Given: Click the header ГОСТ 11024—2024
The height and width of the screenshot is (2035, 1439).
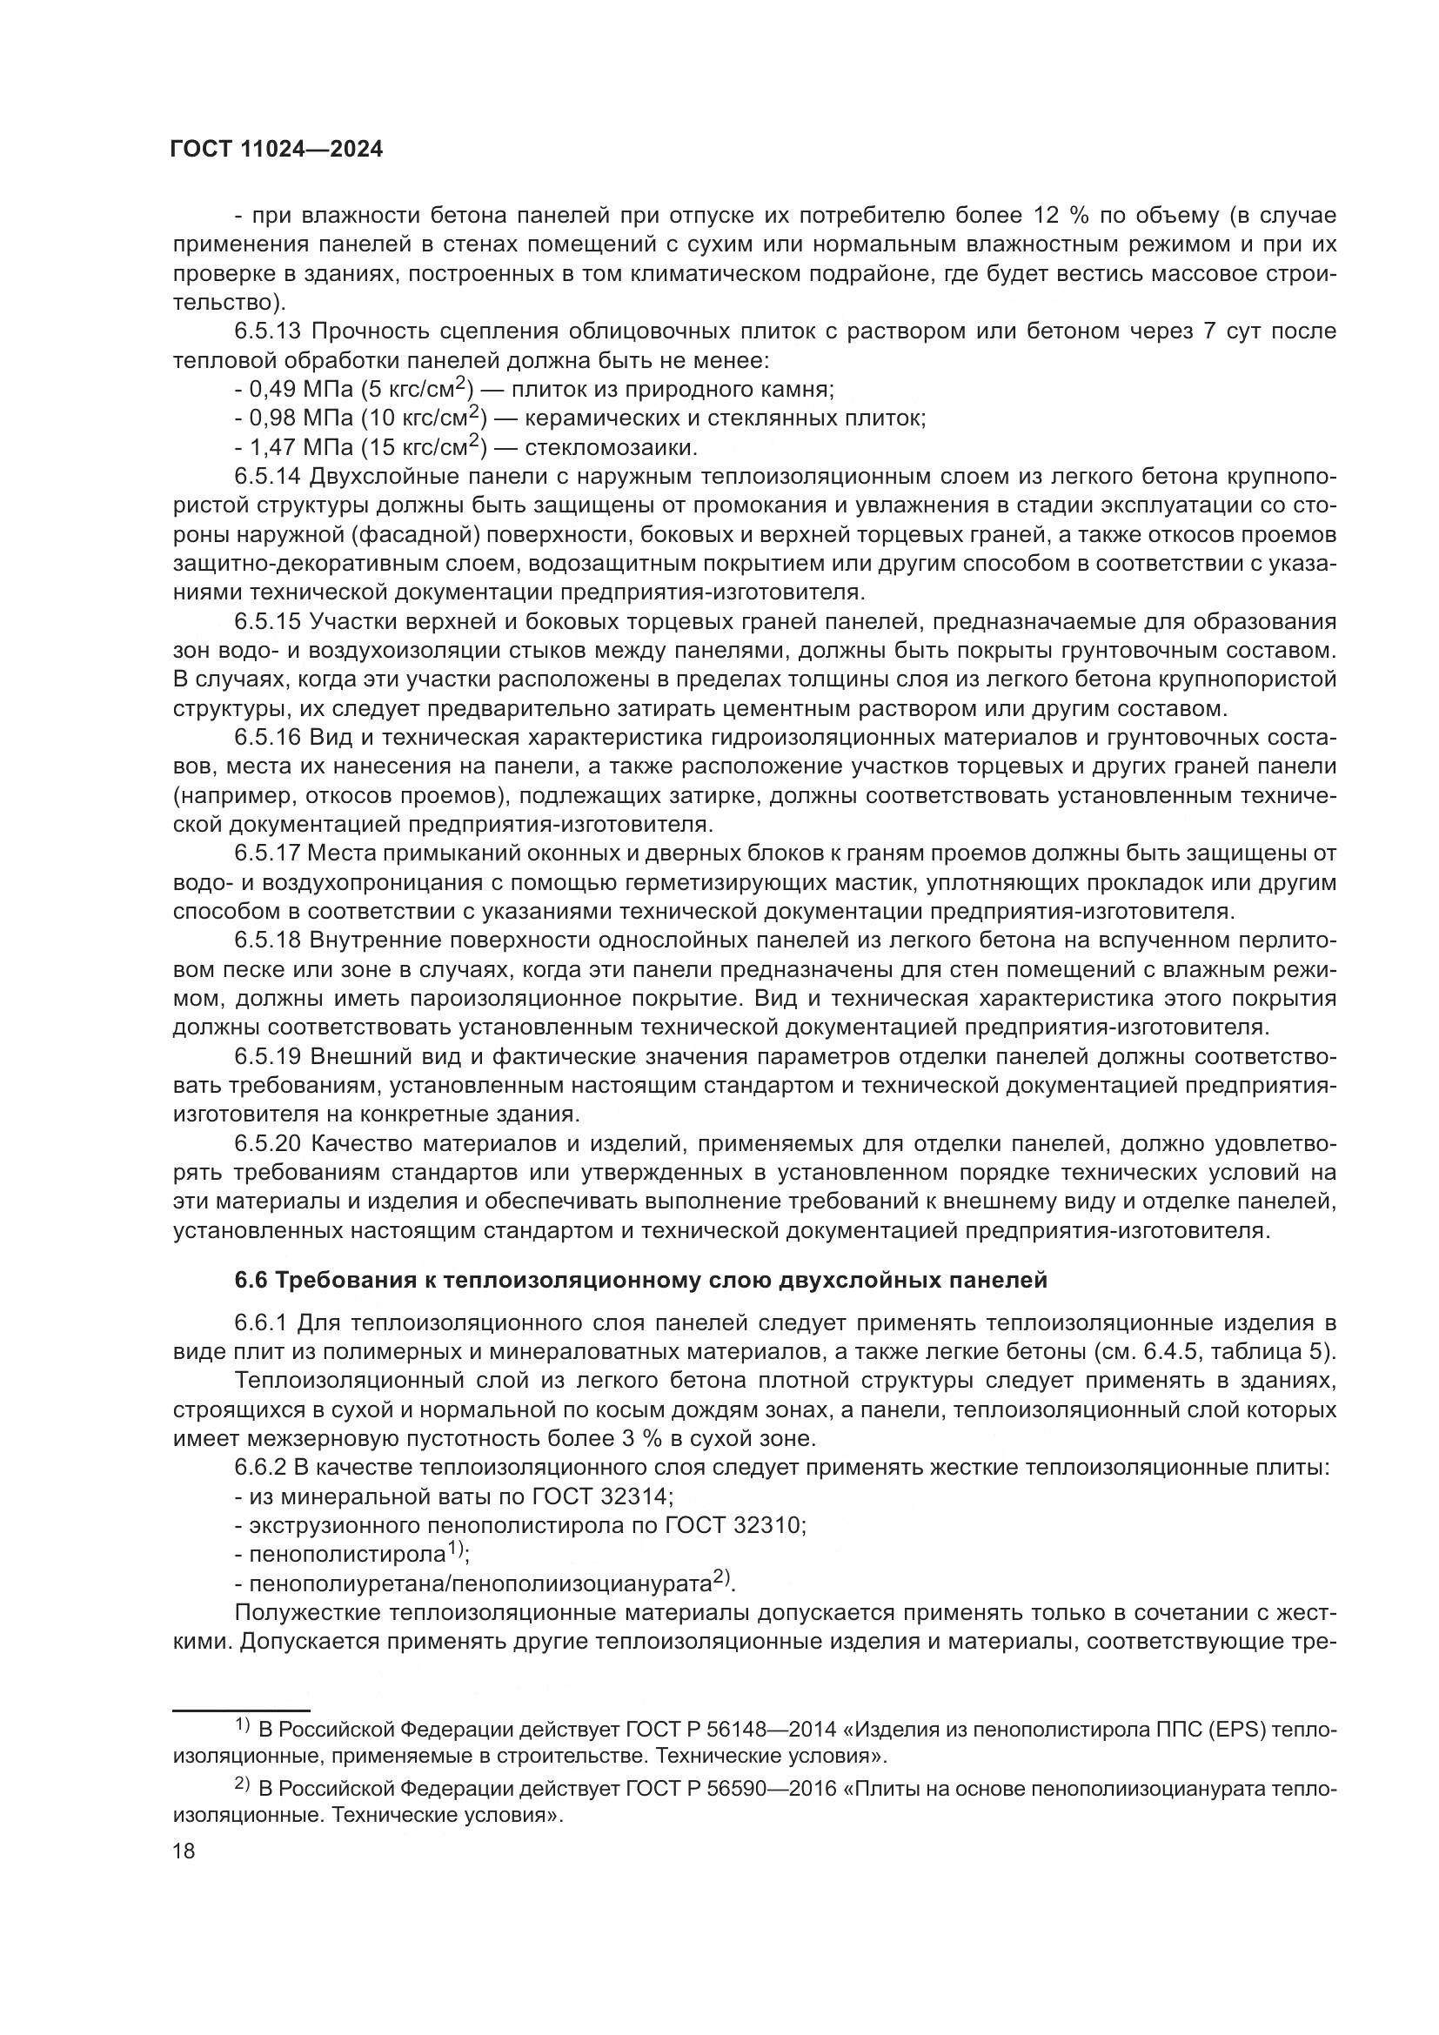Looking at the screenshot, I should pyautogui.click(x=277, y=150).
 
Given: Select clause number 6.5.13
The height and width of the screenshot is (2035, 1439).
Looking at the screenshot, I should pyautogui.click(x=269, y=331).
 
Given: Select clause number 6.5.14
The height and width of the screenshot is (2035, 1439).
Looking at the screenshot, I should pyautogui.click(x=269, y=477).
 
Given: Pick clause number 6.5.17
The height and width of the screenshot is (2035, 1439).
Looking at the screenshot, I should pyautogui.click(x=269, y=853).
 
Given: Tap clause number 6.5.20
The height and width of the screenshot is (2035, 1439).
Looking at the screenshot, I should pyautogui.click(x=269, y=1144).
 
